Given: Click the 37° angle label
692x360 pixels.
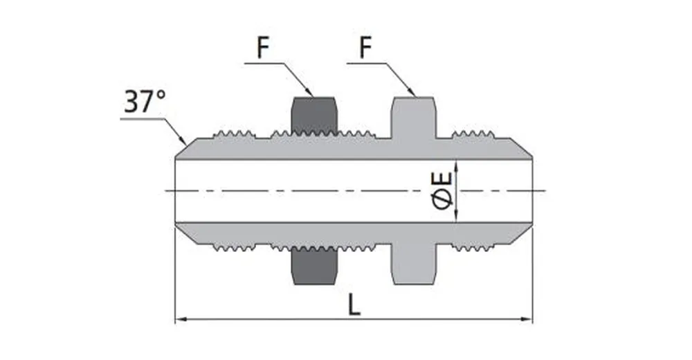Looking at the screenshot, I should click(145, 102).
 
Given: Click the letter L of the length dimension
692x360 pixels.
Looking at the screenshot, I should click(354, 305).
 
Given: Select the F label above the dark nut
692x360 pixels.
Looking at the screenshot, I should click(262, 48).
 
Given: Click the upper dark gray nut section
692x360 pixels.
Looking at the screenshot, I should click(313, 114).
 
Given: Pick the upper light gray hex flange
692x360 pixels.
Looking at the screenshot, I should click(414, 116).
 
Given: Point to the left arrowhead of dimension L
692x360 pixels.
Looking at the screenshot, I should click(180, 320).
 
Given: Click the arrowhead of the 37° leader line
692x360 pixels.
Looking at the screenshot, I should click(183, 141).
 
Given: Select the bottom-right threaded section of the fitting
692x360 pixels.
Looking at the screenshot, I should click(472, 247).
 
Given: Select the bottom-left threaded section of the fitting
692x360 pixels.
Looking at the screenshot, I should click(233, 247).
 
